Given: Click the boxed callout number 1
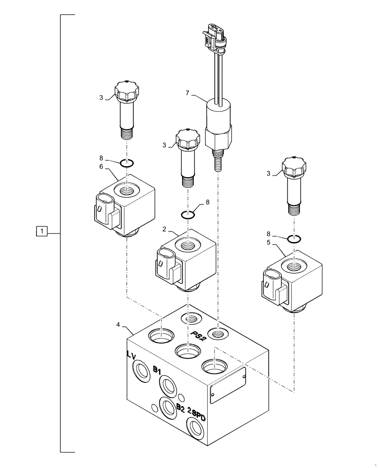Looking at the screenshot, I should click(x=42, y=231).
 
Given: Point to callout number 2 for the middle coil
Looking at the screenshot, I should click(x=164, y=229).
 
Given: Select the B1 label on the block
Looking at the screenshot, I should click(x=157, y=370).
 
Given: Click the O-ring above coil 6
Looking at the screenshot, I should click(x=127, y=163).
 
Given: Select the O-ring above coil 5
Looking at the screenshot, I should click(x=294, y=239).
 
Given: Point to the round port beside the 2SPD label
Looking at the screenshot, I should click(x=195, y=427).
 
